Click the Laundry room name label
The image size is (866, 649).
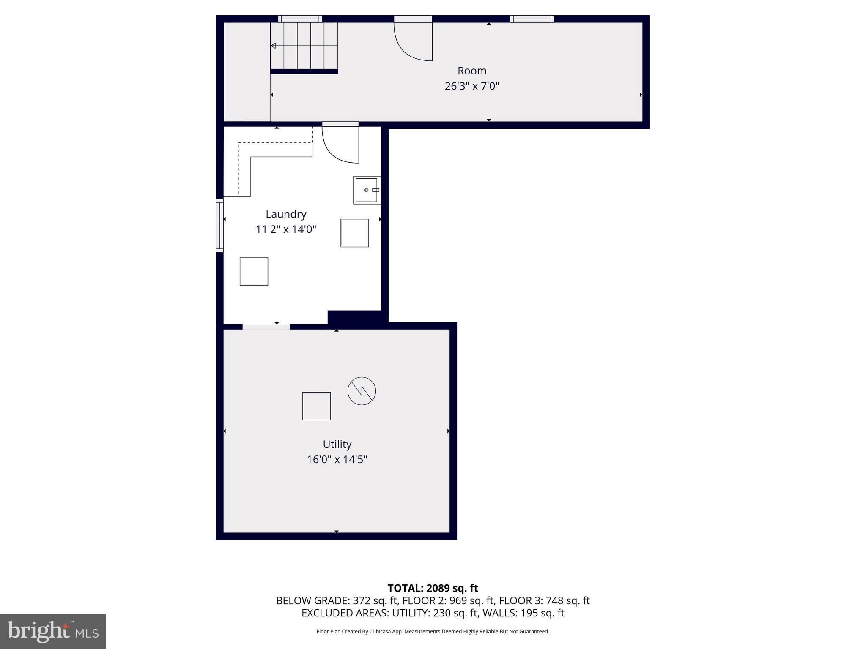[x=286, y=214]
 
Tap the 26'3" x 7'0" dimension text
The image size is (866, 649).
[x=472, y=86]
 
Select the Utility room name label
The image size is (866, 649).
[x=337, y=444]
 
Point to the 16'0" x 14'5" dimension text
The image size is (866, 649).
[x=337, y=460]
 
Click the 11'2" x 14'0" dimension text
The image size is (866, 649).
[x=286, y=229]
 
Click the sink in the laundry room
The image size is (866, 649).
[x=367, y=190]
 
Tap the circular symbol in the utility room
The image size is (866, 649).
[x=362, y=391]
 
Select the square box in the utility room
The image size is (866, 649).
[x=316, y=406]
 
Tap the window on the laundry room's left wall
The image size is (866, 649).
[x=220, y=225]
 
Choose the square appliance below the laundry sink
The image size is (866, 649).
[x=354, y=233]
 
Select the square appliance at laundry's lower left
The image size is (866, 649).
[x=254, y=272]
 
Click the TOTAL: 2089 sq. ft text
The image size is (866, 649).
[x=433, y=588]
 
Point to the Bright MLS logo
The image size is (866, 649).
[x=53, y=631]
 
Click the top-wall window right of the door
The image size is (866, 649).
[x=532, y=19]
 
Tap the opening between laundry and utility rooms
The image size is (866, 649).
[x=266, y=327]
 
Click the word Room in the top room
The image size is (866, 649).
[x=472, y=71]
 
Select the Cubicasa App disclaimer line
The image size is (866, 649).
[x=433, y=631]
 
